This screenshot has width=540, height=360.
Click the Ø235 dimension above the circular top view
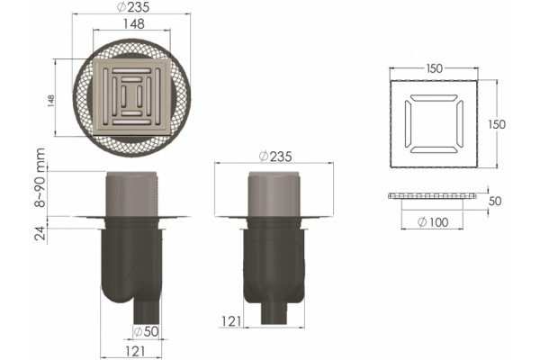coord(133,7)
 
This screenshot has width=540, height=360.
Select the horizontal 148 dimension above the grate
coord(133,23)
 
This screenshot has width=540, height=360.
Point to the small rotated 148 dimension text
coord(51,102)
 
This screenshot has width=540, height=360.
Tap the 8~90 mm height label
coord(40,177)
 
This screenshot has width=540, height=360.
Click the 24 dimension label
coord(40,233)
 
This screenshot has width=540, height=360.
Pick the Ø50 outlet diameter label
coord(146,331)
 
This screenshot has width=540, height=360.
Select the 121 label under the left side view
coord(135,351)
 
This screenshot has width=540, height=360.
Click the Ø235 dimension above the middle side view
coord(275,157)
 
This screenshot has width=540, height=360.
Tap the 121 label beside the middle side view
coord(231,321)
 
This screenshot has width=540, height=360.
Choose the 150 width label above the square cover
coord(434,68)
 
